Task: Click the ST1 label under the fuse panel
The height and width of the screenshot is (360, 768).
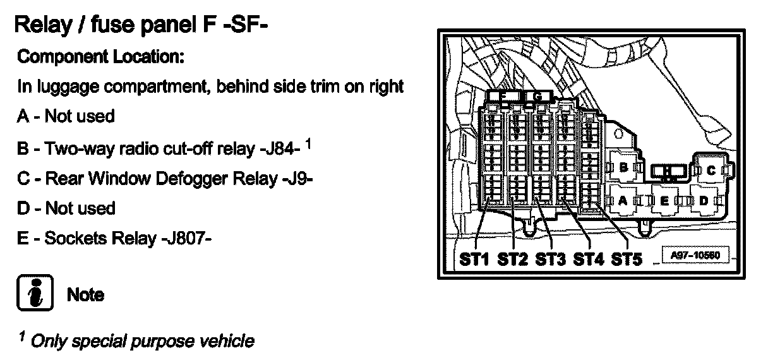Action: [474, 259]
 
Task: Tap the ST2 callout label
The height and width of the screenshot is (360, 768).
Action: [512, 259]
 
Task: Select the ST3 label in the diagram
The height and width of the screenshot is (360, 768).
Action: [550, 259]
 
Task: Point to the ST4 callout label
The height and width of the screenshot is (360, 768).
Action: [588, 259]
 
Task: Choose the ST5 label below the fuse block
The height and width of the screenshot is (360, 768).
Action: [626, 259]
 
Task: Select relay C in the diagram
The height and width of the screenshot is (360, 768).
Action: [711, 170]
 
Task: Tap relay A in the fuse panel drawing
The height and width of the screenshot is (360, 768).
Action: [621, 200]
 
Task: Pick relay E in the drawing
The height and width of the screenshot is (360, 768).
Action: [664, 200]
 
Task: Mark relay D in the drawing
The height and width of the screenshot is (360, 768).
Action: [704, 200]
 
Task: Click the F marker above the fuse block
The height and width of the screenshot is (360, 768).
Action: [502, 96]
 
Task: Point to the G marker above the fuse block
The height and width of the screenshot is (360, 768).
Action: [537, 96]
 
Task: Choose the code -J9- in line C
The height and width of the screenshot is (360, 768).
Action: [296, 179]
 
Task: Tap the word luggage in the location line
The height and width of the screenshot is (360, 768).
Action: [65, 87]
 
